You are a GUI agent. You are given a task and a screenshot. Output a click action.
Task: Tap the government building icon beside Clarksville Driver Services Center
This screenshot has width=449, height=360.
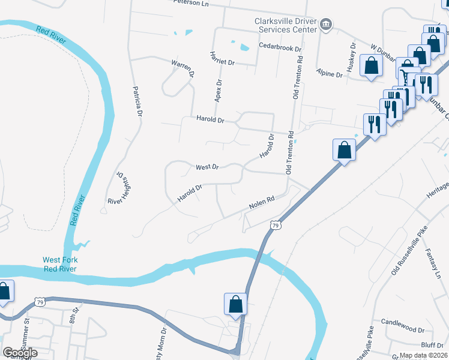[x=325, y=25]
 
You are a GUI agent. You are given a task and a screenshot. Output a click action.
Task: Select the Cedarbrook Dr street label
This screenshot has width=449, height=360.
[x=280, y=46]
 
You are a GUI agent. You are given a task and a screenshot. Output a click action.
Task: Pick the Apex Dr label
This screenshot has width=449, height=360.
[x=218, y=91]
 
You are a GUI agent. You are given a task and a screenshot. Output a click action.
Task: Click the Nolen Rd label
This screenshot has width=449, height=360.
[x=262, y=203]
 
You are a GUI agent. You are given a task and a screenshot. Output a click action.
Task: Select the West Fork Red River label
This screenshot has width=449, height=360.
[x=60, y=265]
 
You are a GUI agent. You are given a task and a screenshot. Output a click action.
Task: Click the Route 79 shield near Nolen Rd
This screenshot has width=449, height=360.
[x=275, y=225]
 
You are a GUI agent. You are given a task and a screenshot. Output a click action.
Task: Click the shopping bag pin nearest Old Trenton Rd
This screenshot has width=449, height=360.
[x=345, y=149]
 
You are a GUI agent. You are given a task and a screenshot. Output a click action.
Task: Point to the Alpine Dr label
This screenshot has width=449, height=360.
[x=330, y=74]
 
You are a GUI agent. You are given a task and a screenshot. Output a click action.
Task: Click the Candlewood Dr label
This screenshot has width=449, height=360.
[x=402, y=329]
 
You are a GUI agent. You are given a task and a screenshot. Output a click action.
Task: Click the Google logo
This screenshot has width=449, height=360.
[x=20, y=353]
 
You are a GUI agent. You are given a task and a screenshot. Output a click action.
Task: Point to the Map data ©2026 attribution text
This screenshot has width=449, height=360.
[x=423, y=355]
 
